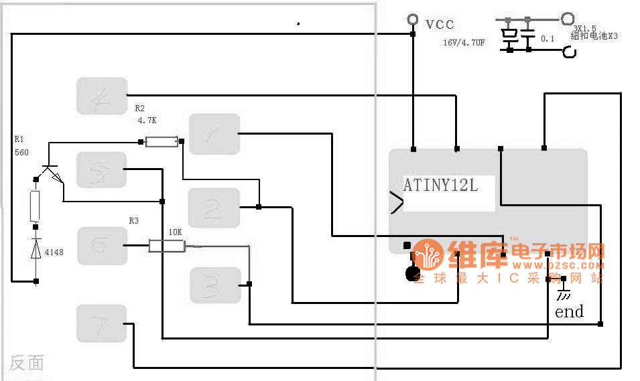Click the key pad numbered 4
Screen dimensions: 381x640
tap(101, 95)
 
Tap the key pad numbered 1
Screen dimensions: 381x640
tap(214, 134)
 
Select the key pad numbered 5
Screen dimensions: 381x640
tap(101, 170)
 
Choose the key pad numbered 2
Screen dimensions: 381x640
tap(214, 208)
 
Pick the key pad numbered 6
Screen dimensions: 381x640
tap(102, 245)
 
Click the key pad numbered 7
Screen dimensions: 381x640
tap(101, 323)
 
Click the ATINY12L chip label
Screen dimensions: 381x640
tap(441, 185)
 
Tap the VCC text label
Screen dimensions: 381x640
tap(440, 25)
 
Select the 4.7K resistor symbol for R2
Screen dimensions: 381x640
tap(162, 141)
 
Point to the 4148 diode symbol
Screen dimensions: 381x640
tap(36, 250)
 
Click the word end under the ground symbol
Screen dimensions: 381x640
tap(569, 311)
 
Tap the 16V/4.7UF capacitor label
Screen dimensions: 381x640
tap(463, 42)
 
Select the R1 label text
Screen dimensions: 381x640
tap(19, 139)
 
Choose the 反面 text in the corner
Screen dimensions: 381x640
tap(27, 364)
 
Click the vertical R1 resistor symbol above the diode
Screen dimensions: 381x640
tap(36, 206)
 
